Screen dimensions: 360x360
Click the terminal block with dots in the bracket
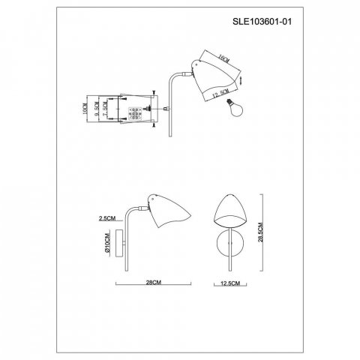point(137,112)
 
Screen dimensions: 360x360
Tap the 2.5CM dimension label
point(107,218)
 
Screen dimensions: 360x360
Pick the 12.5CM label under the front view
point(231,283)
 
